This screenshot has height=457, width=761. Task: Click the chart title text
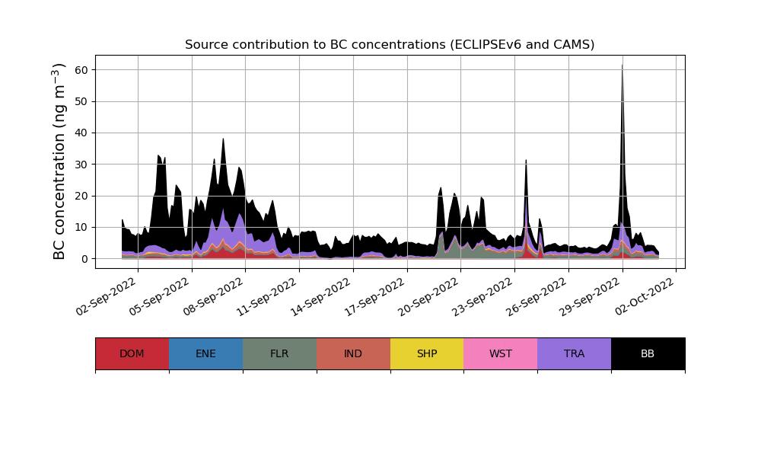tap(390, 45)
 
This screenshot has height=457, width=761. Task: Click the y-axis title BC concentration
tap(59, 161)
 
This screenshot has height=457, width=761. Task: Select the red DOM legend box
tap(132, 353)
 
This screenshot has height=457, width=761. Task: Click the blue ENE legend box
tap(205, 353)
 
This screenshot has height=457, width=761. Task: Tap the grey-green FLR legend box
tap(279, 353)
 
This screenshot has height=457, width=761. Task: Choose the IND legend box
tap(353, 353)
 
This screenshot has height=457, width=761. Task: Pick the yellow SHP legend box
tap(427, 353)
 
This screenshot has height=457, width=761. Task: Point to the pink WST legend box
tap(500, 353)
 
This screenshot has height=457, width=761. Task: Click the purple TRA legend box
tap(574, 353)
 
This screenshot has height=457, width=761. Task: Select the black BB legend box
tap(648, 353)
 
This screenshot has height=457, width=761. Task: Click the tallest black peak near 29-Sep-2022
tap(622, 66)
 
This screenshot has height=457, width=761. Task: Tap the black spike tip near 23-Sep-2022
tap(526, 161)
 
